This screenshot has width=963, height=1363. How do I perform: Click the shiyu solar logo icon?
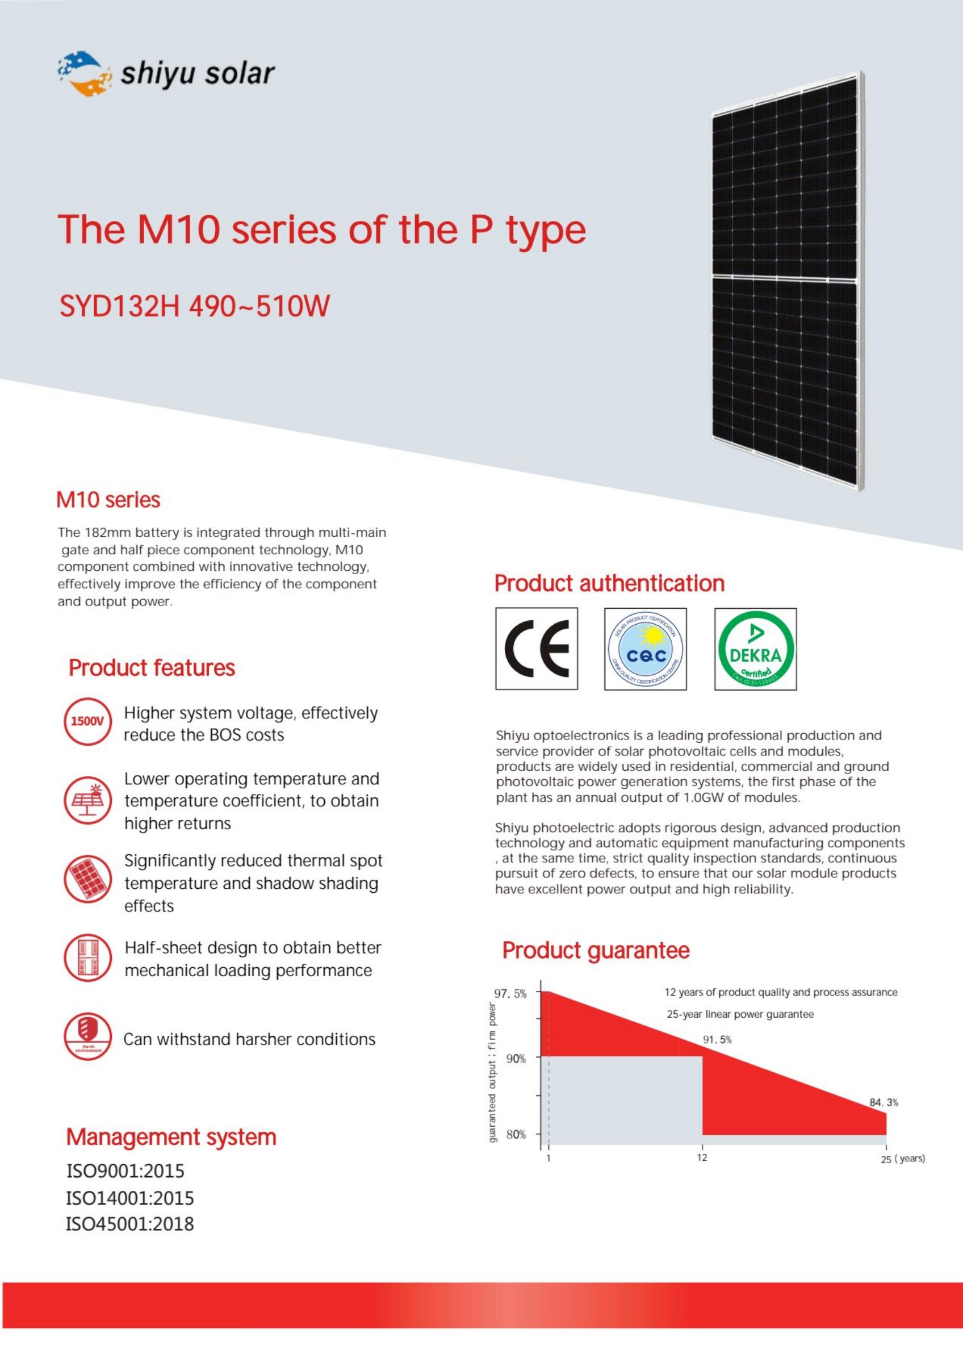point(85,74)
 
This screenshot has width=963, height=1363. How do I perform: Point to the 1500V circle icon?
point(87,721)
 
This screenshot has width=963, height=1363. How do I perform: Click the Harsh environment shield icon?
point(87,1036)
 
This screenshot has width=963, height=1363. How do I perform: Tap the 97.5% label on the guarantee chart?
point(510,994)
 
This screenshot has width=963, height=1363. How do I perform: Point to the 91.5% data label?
point(717,1039)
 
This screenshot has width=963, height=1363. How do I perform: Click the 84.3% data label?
point(884,1102)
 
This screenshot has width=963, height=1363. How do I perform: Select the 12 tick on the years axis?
point(702,1157)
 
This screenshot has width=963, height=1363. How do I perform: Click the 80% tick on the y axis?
point(516,1135)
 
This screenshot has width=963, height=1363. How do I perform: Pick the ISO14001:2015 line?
point(130,1198)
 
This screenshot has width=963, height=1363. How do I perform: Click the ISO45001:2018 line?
point(130,1224)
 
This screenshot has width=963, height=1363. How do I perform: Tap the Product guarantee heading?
point(596,951)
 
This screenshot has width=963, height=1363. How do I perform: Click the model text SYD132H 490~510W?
point(194,307)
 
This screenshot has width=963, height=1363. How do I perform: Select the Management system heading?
point(171,1138)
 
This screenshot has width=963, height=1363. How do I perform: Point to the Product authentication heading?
point(609,584)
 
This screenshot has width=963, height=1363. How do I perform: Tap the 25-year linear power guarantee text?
point(740,1014)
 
